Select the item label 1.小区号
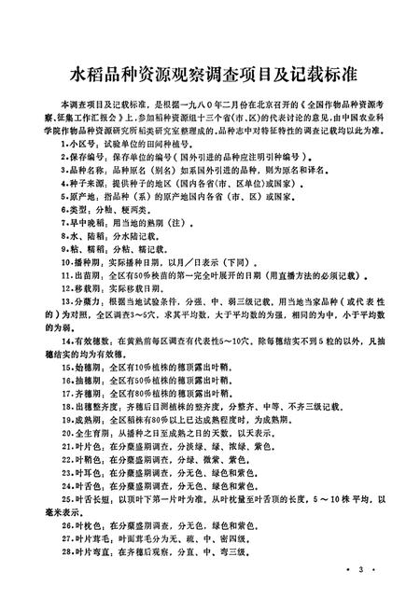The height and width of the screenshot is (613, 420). [x=76, y=147]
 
